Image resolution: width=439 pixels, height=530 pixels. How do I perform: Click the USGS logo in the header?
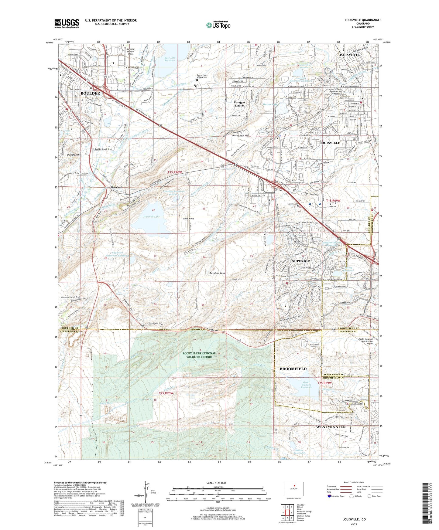coord(67,23)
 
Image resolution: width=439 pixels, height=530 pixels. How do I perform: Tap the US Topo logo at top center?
coord(218,25)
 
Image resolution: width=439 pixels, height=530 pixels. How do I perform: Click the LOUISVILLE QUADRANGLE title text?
coord(363,20)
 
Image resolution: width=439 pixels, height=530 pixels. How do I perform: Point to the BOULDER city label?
coord(90,93)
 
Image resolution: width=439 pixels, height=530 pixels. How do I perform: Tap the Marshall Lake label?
coord(152,217)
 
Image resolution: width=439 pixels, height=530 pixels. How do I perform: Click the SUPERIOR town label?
coord(301,261)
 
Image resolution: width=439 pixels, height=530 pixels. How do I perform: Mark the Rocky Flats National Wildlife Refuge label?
coord(199,355)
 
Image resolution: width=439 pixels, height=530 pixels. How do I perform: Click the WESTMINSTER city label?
coord(331,427)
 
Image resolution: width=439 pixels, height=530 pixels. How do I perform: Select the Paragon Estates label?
coord(239,104)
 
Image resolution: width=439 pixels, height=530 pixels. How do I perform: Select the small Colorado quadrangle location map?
coord(293,489)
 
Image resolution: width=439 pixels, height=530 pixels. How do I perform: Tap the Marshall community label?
coord(116,187)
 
